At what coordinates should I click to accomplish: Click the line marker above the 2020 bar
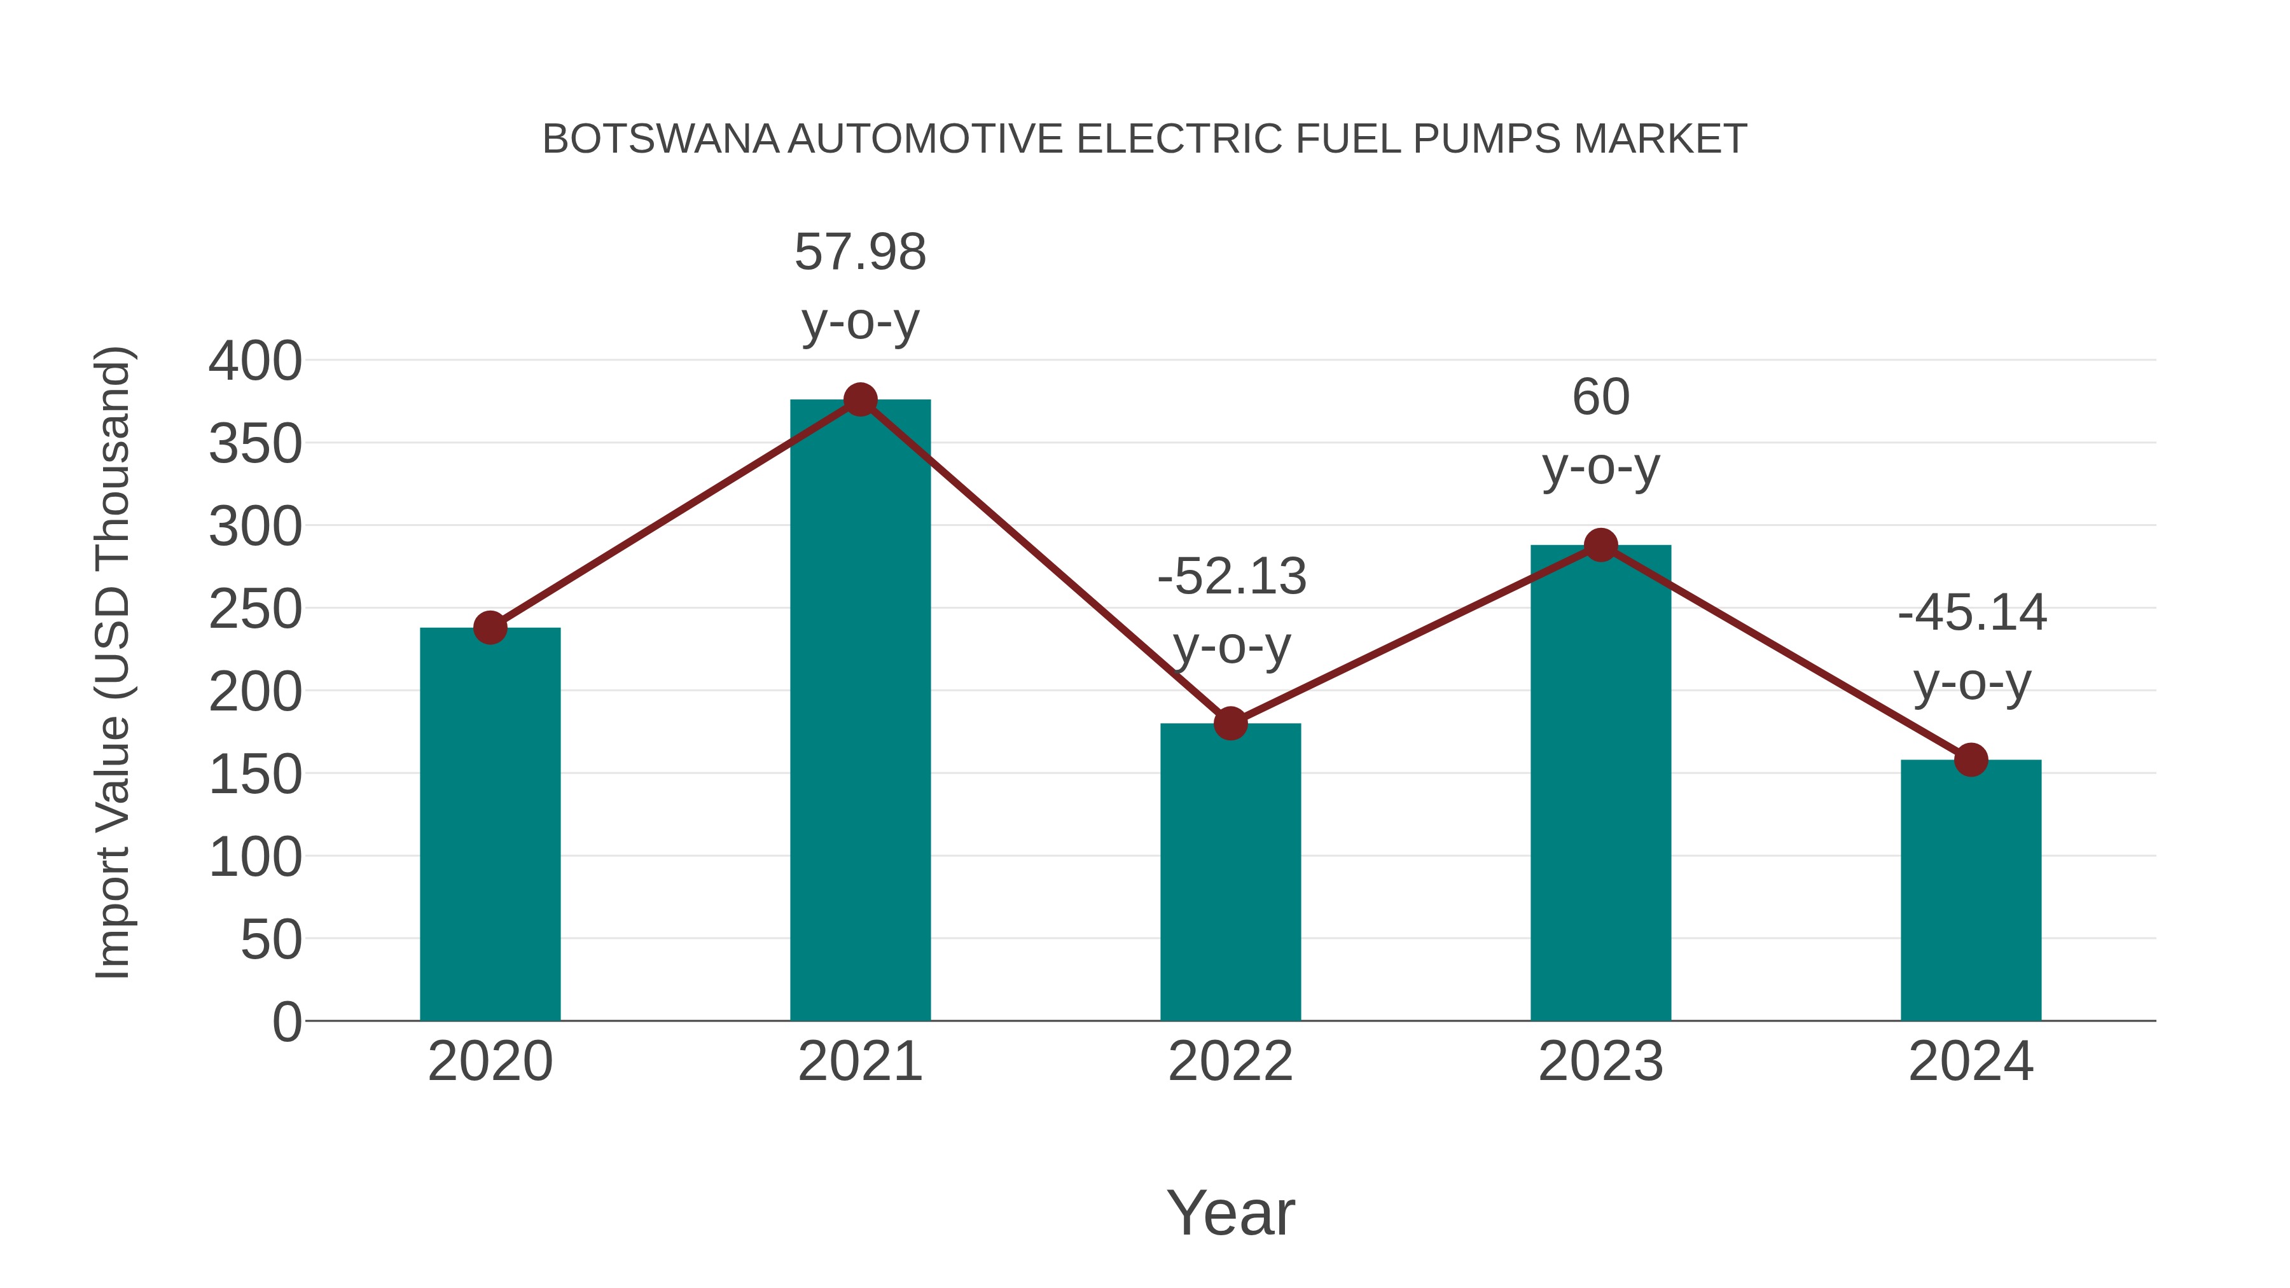[x=490, y=628]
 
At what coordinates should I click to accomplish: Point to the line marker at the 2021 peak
[x=859, y=400]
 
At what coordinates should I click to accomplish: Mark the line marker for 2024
[x=1971, y=760]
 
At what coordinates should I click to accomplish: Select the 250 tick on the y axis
[x=255, y=610]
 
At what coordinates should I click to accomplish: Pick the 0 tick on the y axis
[x=286, y=1021]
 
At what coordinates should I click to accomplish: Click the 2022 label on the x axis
[x=1230, y=1062]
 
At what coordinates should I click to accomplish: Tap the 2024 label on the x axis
[x=1971, y=1062]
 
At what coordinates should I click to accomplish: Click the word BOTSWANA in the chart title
[x=660, y=139]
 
